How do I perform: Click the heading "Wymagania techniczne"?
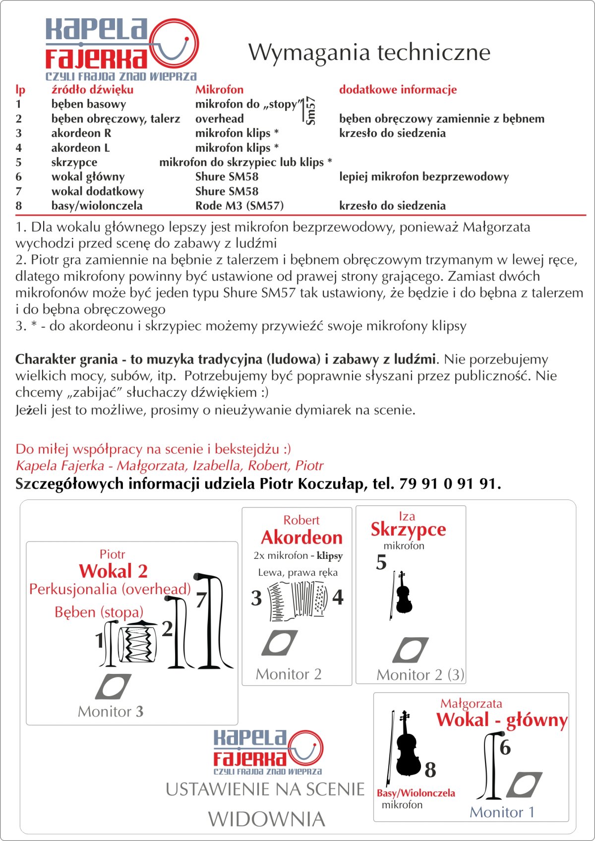[x=369, y=52]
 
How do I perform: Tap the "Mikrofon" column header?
[x=219, y=90]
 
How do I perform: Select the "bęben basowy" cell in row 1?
[x=88, y=104]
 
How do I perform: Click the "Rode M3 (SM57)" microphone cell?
[x=239, y=206]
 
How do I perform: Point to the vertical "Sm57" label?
[x=310, y=111]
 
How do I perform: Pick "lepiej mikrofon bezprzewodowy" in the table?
[x=424, y=177]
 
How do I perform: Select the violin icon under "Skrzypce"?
[x=403, y=594]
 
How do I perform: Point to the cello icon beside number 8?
[x=405, y=745]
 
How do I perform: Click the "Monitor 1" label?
[x=502, y=812]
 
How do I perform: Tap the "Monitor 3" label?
[x=111, y=712]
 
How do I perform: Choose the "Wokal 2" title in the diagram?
[x=113, y=571]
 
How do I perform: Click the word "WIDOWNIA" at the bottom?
[x=266, y=819]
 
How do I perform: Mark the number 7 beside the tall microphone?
[x=201, y=600]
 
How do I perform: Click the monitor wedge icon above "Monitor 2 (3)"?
[x=410, y=650]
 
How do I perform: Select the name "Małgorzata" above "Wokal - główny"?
[x=471, y=703]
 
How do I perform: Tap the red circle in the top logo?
[x=174, y=44]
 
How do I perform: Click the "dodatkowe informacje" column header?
[x=398, y=90]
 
